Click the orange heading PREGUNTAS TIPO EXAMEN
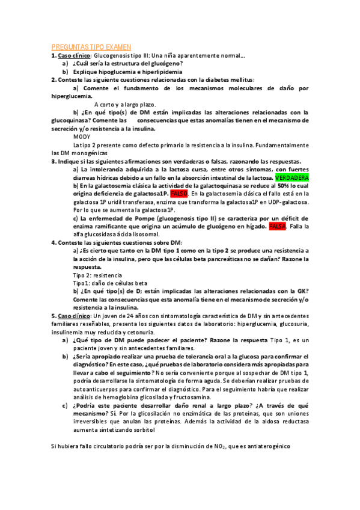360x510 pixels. coord(91,46)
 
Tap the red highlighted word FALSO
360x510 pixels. coord(179,194)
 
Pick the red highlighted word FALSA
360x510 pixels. coord(277,226)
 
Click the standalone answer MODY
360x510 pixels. coord(82,137)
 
